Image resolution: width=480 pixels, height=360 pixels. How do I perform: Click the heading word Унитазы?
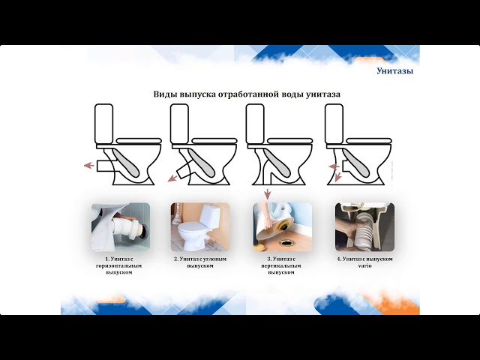(x=395, y=71)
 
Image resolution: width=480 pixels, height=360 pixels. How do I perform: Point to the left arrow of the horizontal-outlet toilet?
(x=88, y=166)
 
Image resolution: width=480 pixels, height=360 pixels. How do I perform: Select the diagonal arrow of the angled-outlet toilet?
(x=172, y=178)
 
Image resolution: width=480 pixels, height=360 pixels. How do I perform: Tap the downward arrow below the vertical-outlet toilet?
(x=268, y=194)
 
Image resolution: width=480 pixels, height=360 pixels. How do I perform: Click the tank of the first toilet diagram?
(x=104, y=124)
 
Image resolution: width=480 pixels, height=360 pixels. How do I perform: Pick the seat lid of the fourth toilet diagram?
(x=370, y=140)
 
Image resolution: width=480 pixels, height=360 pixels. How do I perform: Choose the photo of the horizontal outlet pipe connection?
(x=121, y=226)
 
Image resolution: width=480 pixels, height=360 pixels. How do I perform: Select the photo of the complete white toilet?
(x=200, y=226)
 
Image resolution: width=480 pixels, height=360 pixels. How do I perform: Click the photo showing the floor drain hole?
(x=283, y=226)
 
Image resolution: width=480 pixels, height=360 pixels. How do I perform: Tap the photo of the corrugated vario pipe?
(x=364, y=226)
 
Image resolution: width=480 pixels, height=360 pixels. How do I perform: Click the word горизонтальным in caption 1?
(x=118, y=265)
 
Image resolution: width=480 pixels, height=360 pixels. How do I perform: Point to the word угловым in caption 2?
(x=214, y=259)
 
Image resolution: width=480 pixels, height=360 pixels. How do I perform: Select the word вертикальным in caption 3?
(x=281, y=265)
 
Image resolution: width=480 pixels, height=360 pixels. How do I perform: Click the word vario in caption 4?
(x=365, y=265)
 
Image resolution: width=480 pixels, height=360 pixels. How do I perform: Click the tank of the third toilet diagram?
(x=255, y=124)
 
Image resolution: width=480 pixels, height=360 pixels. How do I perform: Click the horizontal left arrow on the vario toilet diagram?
(x=334, y=166)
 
